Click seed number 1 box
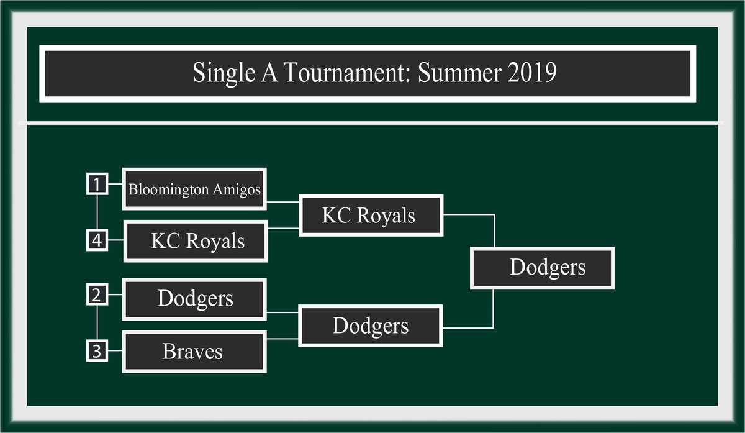click(x=97, y=184)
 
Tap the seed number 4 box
click(x=97, y=240)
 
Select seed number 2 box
click(x=97, y=294)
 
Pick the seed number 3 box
click(x=97, y=350)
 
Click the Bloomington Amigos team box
click(x=194, y=189)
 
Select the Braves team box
click(x=194, y=352)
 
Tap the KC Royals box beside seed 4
click(x=196, y=241)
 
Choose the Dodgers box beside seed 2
click(x=194, y=299)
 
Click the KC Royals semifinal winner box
click(x=371, y=216)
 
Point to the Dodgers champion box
click(x=542, y=268)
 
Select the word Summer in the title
click(x=459, y=73)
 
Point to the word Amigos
click(x=237, y=190)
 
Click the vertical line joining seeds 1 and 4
click(x=97, y=212)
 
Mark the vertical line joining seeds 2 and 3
click(x=97, y=322)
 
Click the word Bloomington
click(x=169, y=190)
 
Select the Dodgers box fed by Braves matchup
click(x=371, y=326)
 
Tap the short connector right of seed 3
click(x=115, y=350)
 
